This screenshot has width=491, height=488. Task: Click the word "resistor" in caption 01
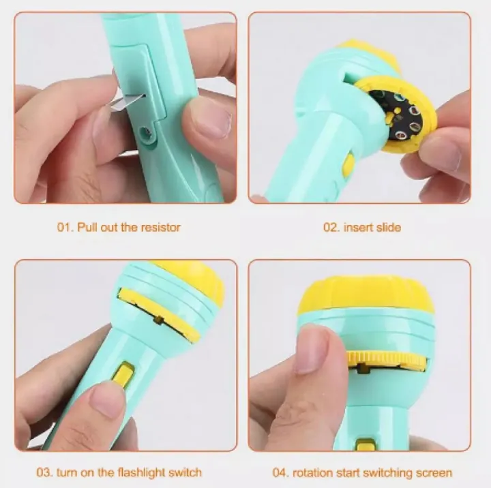tap(161, 227)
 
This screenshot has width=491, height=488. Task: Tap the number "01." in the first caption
tap(65, 227)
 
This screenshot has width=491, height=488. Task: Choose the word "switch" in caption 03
tap(185, 472)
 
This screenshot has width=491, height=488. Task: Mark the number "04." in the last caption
tap(280, 472)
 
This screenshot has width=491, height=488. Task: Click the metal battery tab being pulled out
tap(127, 102)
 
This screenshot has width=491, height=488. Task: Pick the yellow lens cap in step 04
tap(366, 296)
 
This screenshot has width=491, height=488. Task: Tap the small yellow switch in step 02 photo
tap(348, 163)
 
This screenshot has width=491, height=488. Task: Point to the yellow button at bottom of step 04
tap(366, 444)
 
